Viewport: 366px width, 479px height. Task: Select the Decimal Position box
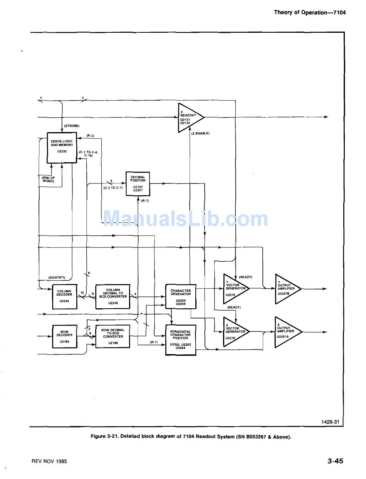138,183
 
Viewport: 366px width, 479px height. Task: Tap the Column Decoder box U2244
64,297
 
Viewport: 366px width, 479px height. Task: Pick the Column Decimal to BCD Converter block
113,296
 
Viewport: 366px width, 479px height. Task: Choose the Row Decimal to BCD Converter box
113,336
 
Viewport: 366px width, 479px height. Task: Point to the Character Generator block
180,296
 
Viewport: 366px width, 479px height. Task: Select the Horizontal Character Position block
180,340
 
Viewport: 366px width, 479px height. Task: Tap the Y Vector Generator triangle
234,288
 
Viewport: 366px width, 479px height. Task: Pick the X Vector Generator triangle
234,331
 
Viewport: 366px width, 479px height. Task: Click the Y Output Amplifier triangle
285,288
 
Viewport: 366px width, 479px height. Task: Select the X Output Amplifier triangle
285,331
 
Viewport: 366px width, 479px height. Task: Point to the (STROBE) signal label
72,126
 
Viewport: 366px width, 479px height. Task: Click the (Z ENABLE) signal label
200,133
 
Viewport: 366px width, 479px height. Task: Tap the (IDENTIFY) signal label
57,277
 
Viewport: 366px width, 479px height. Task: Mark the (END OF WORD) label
49,179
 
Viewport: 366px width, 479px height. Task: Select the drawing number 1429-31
330,422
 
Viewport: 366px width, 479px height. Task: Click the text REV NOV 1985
49,461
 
